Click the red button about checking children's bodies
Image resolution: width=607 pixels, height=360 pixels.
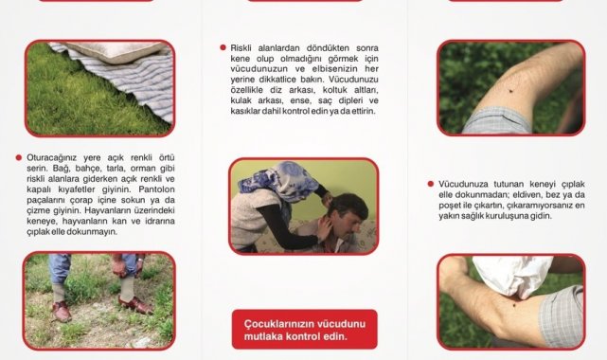(304, 330)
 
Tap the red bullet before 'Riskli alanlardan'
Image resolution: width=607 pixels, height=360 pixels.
(223, 47)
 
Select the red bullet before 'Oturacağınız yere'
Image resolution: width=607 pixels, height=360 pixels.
(19, 157)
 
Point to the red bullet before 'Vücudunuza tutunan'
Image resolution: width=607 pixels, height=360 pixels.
(431, 184)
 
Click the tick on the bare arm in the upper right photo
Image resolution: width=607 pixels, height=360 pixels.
(511, 91)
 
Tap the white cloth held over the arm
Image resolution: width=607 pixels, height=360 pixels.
(511, 276)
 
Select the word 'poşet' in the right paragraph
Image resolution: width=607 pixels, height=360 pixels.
(448, 206)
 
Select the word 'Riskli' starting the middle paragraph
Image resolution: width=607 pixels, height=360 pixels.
(241, 48)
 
